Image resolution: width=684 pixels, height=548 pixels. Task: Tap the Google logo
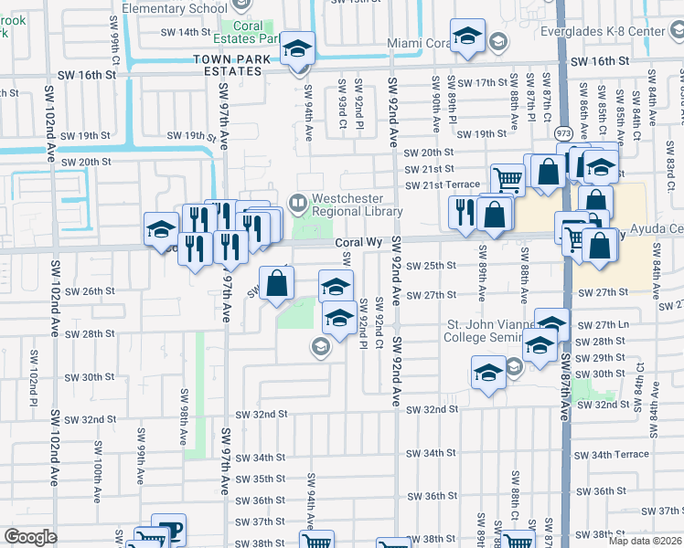[30, 537]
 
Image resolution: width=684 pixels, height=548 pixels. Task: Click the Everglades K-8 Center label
[634, 32]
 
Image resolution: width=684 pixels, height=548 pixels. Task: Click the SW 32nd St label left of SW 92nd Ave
[262, 414]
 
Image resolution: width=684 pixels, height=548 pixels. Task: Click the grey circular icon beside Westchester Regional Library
[297, 201]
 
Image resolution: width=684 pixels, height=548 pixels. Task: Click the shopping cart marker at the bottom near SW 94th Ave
[316, 541]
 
